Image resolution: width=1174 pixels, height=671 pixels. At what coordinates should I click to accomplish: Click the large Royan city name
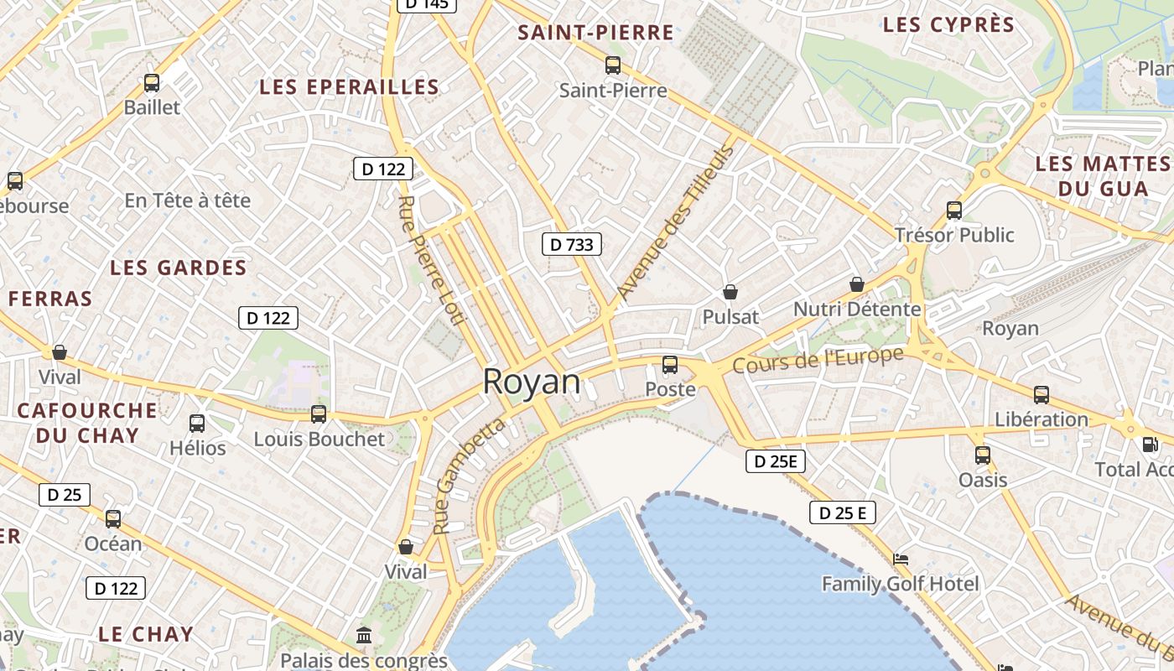point(532,382)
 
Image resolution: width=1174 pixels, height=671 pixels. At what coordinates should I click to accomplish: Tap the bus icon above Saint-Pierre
point(613,65)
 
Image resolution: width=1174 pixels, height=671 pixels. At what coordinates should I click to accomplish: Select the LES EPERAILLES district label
point(349,87)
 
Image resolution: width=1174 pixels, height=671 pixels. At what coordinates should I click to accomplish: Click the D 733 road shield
point(571,244)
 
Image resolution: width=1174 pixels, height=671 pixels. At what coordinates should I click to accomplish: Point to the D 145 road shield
point(426,4)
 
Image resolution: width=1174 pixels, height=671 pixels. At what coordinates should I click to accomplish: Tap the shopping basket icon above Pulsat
point(730,292)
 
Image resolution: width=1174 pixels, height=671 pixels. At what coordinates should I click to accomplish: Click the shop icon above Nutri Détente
point(856,284)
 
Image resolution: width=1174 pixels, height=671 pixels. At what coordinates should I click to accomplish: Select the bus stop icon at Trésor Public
point(953,210)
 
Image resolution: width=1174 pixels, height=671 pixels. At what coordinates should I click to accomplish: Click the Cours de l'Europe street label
point(818,360)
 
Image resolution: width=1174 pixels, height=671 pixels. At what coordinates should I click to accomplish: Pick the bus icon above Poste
point(669,365)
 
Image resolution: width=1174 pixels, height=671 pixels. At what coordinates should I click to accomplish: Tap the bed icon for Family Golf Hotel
point(900,559)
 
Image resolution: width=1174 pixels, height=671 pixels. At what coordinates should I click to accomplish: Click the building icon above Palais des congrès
point(364,636)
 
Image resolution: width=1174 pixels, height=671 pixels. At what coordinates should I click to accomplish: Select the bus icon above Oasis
point(982,455)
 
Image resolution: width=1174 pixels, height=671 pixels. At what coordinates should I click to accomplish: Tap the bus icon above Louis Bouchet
point(319,414)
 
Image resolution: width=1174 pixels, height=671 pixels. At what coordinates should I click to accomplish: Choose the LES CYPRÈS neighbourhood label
point(948,25)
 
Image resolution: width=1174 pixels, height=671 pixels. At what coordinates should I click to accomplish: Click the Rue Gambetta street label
point(470,476)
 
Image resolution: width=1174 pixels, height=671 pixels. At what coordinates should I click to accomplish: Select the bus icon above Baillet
point(152,83)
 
